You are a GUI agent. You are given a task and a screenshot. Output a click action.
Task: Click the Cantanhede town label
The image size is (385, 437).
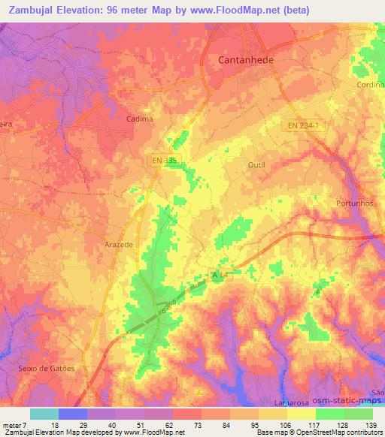coord(246,59)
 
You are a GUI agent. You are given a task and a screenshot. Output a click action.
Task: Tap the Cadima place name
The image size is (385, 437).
coord(140,119)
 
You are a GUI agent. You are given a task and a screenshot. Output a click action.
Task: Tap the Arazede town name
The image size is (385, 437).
coord(119,245)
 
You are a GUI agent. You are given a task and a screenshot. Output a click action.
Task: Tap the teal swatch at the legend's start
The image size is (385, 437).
coord(44,414)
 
